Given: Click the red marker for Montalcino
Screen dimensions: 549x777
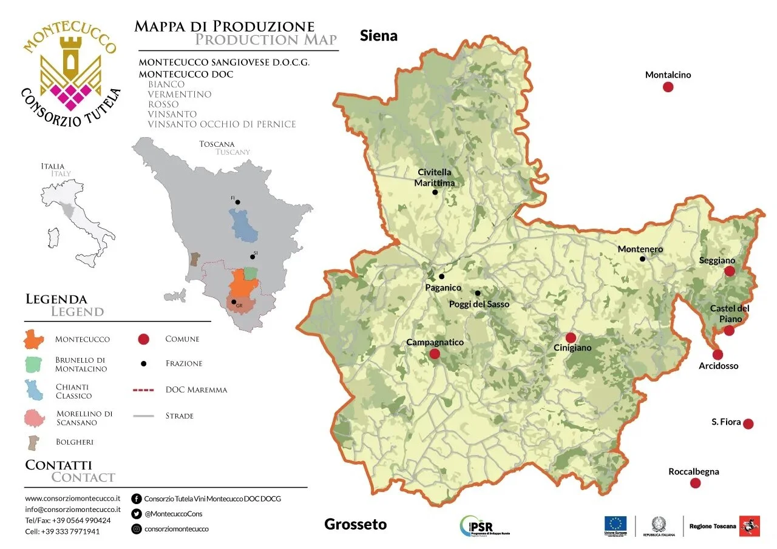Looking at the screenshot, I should (x=668, y=87).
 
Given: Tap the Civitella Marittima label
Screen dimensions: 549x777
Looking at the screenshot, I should (x=434, y=177).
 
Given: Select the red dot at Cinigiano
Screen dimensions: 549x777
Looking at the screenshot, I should (x=571, y=338).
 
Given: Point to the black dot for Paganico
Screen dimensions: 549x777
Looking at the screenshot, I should (x=442, y=277).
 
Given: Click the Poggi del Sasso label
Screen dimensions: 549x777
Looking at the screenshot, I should (x=479, y=304).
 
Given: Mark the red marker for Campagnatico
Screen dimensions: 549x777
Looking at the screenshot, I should (x=435, y=354).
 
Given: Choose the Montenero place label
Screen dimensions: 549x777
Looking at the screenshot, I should (x=640, y=249).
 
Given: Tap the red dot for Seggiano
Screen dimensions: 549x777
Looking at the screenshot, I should (x=730, y=271).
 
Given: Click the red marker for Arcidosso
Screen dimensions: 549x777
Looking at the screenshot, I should (x=718, y=354).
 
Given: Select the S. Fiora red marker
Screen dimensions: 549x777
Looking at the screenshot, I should (x=748, y=423).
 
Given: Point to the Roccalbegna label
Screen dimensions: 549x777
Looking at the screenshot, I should (x=693, y=471).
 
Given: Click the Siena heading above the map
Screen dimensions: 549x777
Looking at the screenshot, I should (x=379, y=36).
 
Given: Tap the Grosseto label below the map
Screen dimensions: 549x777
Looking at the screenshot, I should (x=355, y=524).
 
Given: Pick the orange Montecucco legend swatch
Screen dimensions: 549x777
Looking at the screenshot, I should (x=34, y=339).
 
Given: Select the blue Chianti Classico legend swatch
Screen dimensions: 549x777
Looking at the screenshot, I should (x=34, y=390).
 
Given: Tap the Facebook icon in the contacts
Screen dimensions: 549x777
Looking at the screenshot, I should (x=137, y=499).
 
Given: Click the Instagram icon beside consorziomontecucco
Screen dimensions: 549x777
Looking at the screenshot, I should (x=137, y=529).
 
